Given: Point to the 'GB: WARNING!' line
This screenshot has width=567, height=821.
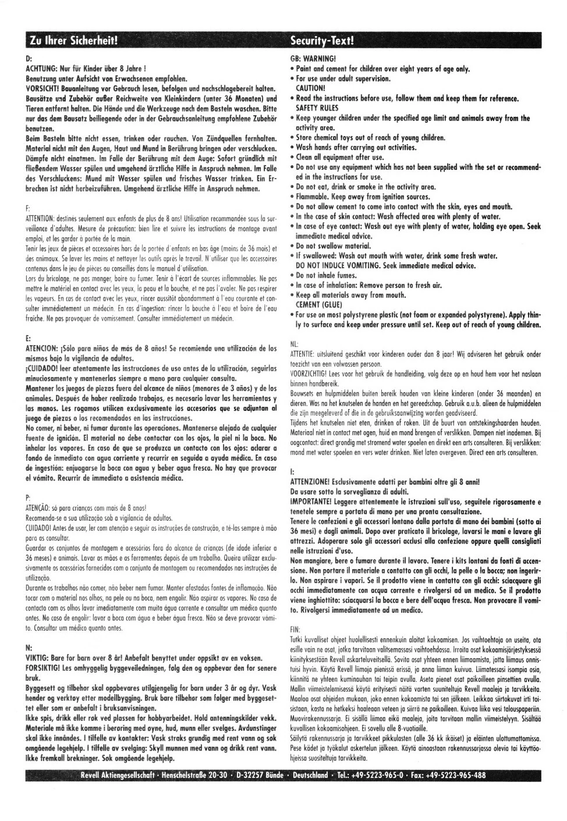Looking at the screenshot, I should click(313, 59).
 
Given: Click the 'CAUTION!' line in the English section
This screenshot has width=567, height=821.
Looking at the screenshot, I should click(311, 88).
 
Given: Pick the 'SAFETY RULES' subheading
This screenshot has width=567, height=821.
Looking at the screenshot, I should click(317, 108).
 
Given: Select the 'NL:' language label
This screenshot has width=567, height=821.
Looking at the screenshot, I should click(294, 344).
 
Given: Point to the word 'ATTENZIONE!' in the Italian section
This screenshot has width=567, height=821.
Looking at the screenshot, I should click(310, 482).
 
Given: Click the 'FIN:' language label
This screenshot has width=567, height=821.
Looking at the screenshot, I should click(295, 630).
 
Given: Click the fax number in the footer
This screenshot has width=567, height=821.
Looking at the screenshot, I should click(451, 776).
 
